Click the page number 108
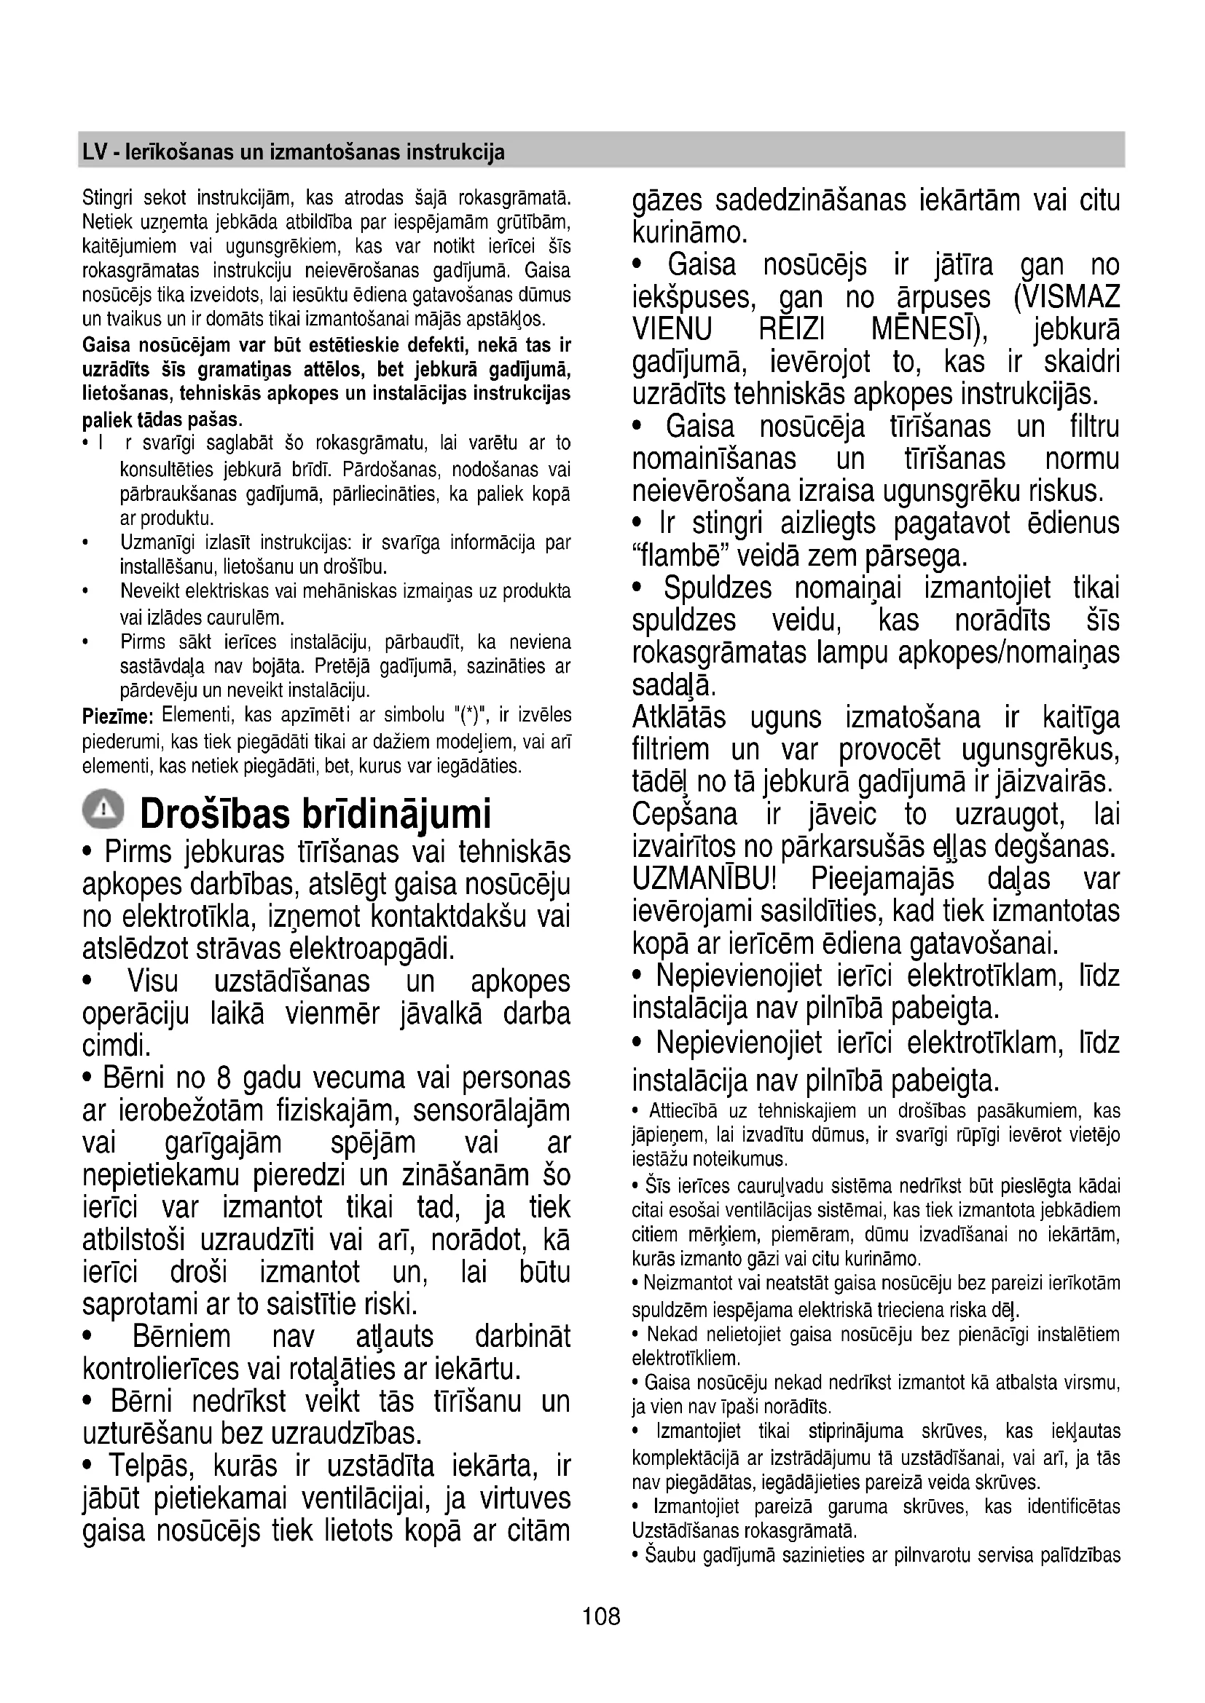pos(601,1616)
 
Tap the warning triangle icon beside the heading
pos(104,809)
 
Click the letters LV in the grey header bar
pos(94,153)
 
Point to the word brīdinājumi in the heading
pos(396,815)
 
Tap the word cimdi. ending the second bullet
pos(117,1046)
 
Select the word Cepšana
pos(685,815)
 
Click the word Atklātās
pos(679,718)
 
